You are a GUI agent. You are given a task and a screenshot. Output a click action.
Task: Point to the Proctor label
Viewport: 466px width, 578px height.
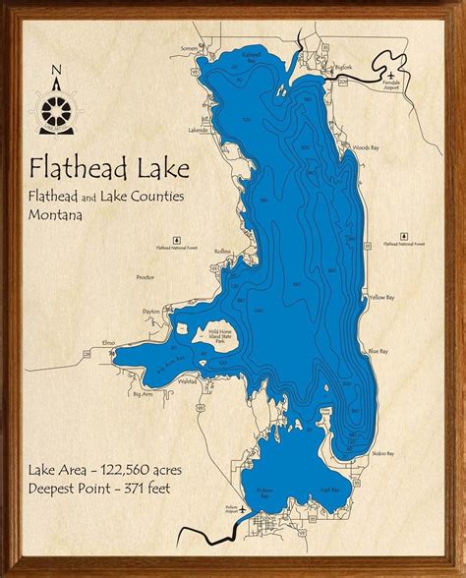click(146, 278)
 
